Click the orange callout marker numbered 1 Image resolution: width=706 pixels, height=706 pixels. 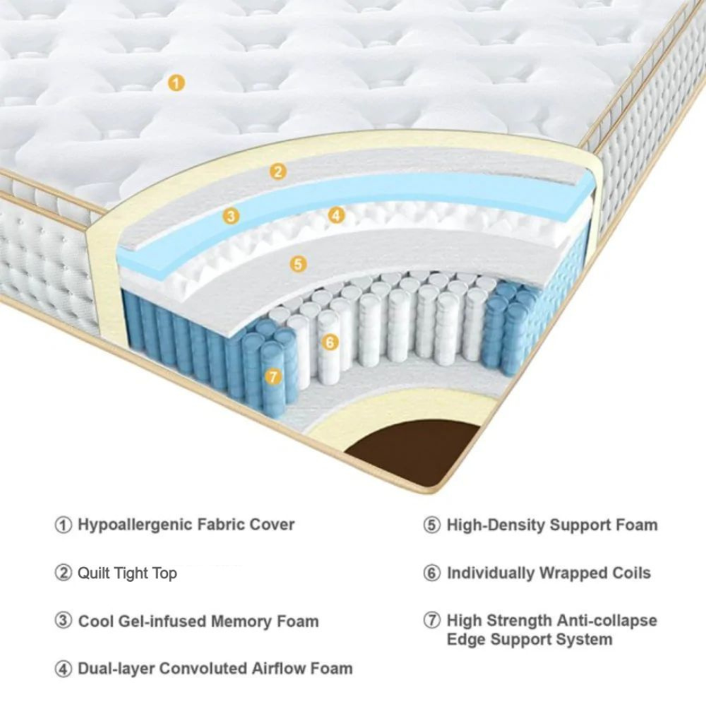176,83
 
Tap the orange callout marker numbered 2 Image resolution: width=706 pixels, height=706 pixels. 278,172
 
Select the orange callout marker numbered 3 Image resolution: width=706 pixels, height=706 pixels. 230,216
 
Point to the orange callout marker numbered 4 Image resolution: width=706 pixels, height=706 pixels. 336,214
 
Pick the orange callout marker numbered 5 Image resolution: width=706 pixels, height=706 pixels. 298,264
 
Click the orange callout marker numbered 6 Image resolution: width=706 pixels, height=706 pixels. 331,341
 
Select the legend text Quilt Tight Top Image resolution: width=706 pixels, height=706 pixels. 127,573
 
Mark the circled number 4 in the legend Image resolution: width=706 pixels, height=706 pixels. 63,669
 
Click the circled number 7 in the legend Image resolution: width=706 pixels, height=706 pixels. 432,621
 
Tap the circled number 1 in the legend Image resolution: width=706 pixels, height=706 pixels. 63,525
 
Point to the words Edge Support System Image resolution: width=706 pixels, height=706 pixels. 529,639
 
